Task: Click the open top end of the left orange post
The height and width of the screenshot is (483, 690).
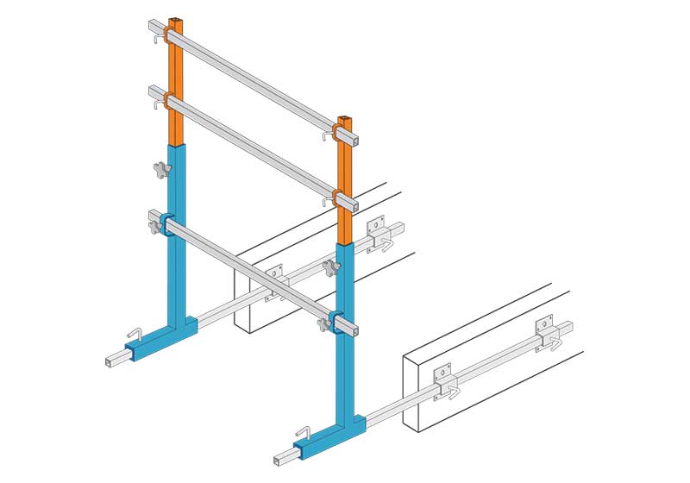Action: point(176,19)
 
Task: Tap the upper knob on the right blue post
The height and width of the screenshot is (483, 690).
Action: point(330,270)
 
